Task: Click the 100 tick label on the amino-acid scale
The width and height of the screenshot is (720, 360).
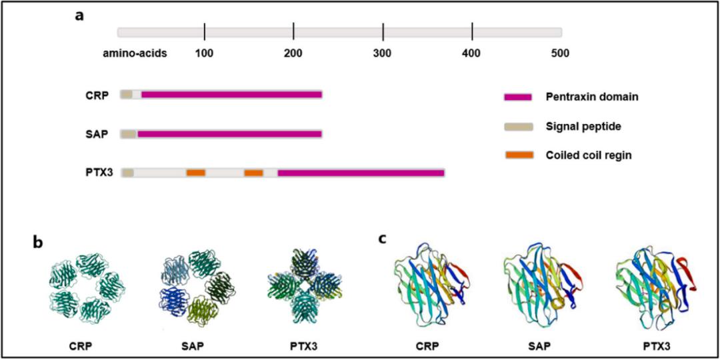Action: click(204, 53)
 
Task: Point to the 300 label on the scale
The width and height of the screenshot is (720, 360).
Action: click(383, 53)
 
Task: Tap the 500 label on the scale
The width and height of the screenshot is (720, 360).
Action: click(561, 53)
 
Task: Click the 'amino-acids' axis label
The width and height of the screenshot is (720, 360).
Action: click(135, 53)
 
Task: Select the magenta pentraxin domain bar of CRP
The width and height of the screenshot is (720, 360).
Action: click(231, 95)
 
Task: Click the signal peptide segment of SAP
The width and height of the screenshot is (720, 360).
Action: click(129, 133)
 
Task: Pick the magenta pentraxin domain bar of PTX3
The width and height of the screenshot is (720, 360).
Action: click(361, 173)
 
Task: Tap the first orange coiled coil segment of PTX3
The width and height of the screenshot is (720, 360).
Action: click(195, 173)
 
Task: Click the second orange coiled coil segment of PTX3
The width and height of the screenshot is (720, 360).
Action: click(253, 173)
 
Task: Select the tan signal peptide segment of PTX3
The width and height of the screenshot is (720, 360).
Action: click(127, 173)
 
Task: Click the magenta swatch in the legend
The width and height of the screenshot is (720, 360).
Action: click(518, 97)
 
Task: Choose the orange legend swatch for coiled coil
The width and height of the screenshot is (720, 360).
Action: click(519, 155)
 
